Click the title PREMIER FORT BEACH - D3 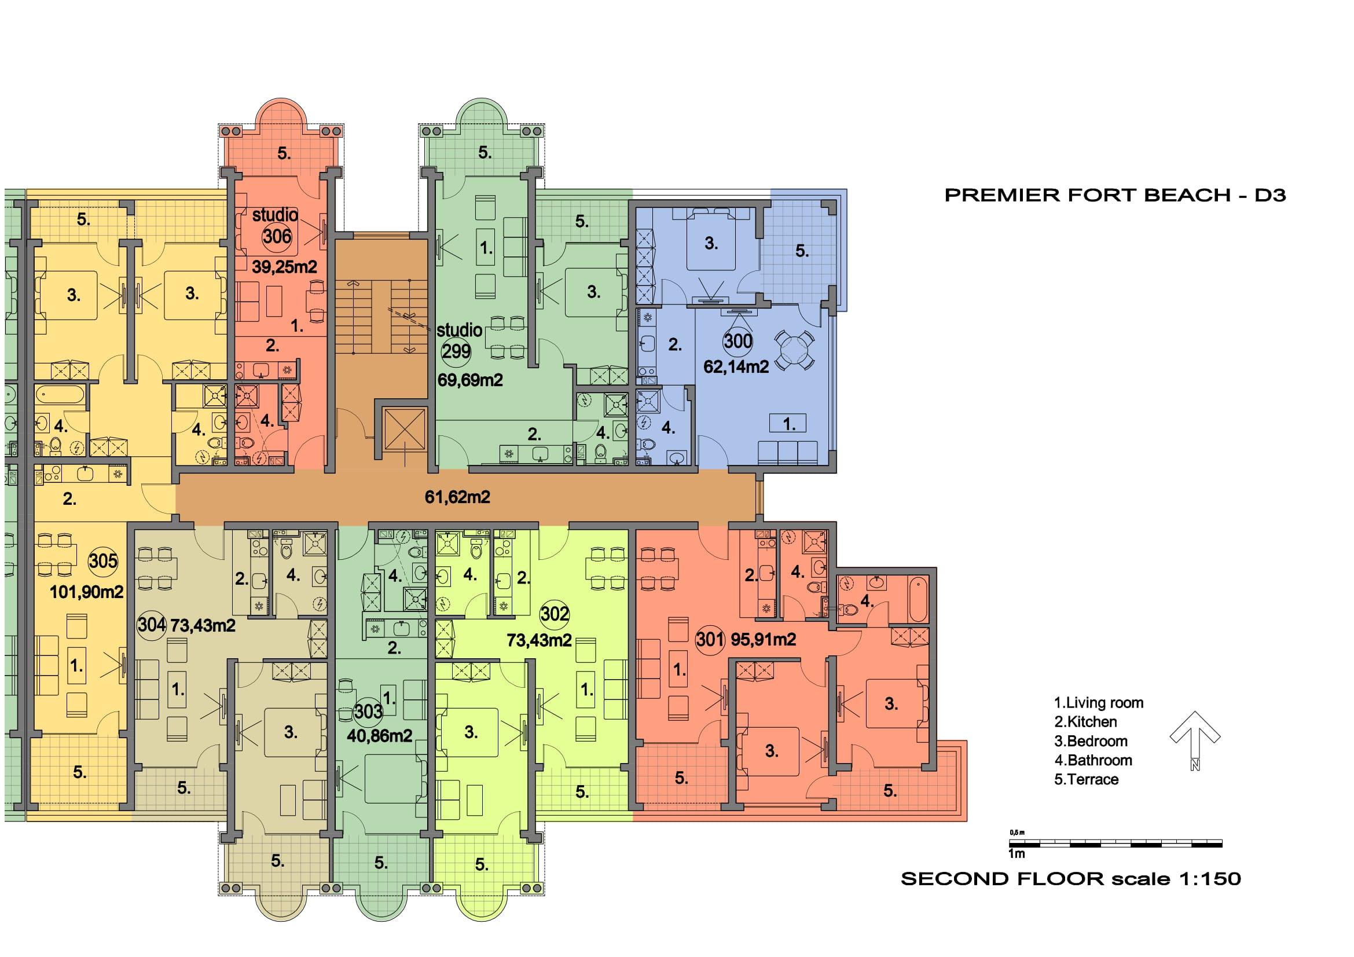tap(1114, 196)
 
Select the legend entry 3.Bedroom tap(1091, 741)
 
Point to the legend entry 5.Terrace tap(1086, 779)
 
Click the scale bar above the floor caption tap(1116, 843)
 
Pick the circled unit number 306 tap(277, 236)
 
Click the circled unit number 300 tap(737, 341)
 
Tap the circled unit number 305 tap(103, 560)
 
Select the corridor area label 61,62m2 tap(457, 498)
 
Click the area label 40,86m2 tap(379, 735)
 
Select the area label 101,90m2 tap(87, 592)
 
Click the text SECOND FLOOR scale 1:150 tap(1071, 879)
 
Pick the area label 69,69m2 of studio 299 tap(470, 380)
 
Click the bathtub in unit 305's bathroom tap(60, 394)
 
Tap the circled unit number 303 tap(369, 711)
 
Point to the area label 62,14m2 tap(736, 366)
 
